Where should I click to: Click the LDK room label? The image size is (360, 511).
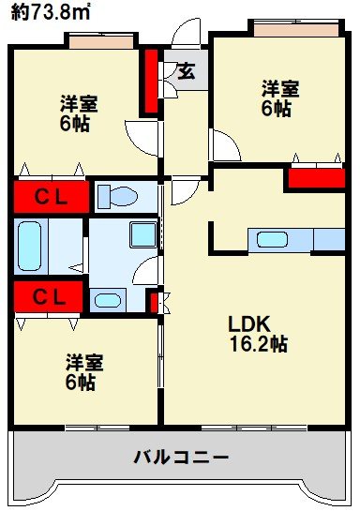(x=248, y=324)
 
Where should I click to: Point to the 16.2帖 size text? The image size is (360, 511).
(x=258, y=344)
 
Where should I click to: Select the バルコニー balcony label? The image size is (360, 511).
(x=181, y=458)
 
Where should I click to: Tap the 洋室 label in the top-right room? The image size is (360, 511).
(x=279, y=89)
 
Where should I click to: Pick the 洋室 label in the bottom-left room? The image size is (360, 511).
(x=83, y=361)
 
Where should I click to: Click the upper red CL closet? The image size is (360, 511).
(x=50, y=197)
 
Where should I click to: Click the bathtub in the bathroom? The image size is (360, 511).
(x=30, y=246)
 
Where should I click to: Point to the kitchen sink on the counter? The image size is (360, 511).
(x=272, y=238)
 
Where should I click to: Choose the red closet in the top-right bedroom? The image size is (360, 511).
(x=315, y=177)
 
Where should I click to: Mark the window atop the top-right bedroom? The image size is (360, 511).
(x=286, y=28)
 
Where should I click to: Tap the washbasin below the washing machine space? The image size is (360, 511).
(x=109, y=301)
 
